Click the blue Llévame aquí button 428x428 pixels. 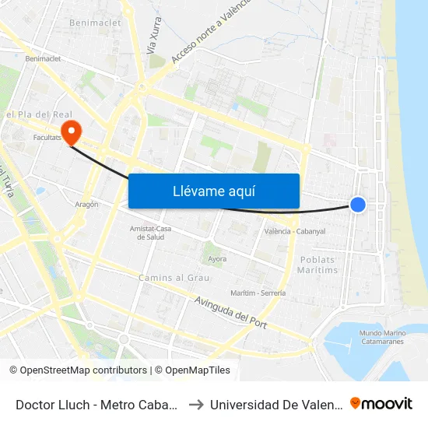click(214, 191)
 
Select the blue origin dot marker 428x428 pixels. click(358, 204)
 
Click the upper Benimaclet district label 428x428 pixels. click(96, 23)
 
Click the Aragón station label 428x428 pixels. click(87, 205)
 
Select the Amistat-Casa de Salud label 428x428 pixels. click(150, 233)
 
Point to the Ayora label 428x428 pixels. click(216, 258)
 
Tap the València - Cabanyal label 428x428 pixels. click(294, 232)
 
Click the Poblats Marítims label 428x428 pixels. click(318, 265)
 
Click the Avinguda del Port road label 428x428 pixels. click(230, 311)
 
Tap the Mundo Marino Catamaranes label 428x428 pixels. click(382, 337)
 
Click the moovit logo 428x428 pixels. click(381, 403)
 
